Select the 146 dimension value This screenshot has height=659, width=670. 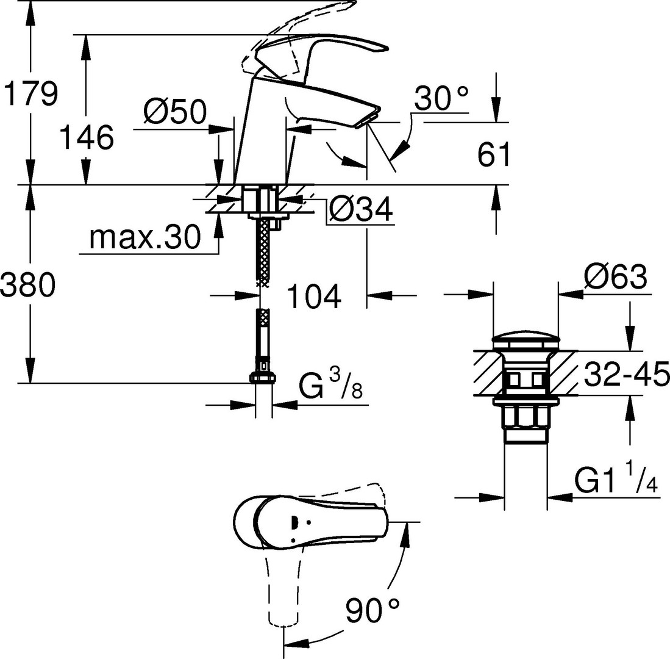[x=87, y=137]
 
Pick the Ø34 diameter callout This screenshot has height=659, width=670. [x=361, y=209]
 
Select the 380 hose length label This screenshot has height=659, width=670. [x=28, y=284]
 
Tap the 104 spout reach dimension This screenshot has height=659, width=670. [x=314, y=296]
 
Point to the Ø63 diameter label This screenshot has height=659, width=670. [x=616, y=276]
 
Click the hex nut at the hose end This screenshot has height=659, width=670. [x=262, y=377]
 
